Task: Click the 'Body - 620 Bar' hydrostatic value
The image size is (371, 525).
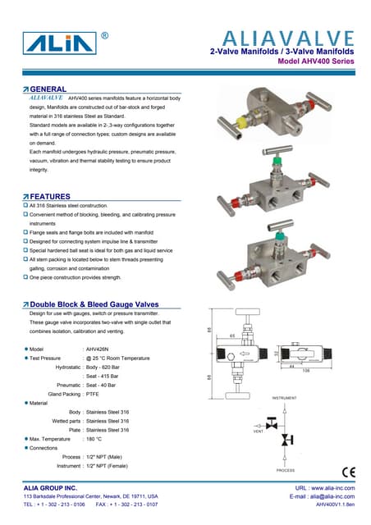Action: coord(108,367)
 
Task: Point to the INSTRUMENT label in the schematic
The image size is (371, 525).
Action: coord(283,398)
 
